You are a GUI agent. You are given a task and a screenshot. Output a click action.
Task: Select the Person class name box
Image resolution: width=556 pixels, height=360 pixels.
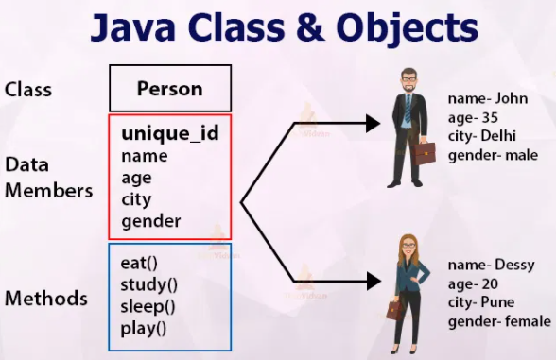click(x=170, y=89)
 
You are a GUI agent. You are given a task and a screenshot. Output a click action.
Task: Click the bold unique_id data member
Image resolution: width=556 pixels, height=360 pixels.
click(x=170, y=133)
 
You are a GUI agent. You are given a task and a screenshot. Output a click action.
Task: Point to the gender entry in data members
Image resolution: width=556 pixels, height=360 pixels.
click(x=151, y=221)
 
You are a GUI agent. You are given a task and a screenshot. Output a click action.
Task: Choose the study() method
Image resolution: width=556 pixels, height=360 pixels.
click(x=149, y=284)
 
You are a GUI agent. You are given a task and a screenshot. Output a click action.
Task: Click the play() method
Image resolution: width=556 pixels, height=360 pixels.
click(x=144, y=329)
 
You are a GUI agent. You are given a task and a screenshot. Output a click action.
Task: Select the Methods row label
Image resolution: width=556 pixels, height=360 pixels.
click(x=46, y=299)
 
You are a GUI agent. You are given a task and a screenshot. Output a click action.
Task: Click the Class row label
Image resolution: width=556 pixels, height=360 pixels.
click(x=28, y=90)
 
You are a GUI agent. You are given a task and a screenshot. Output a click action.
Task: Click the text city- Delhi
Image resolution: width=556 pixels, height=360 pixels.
click(x=484, y=136)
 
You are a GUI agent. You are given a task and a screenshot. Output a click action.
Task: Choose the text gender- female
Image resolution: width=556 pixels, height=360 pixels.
click(x=500, y=322)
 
